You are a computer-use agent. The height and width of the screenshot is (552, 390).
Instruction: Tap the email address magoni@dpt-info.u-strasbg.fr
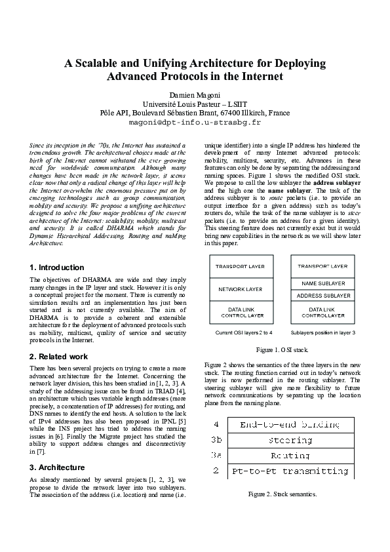coord(195,122)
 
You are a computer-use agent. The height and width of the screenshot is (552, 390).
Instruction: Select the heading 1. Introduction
coord(57,267)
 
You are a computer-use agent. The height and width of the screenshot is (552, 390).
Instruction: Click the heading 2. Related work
coord(59,357)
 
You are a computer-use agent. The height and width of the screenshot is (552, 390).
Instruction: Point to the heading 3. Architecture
coord(58,467)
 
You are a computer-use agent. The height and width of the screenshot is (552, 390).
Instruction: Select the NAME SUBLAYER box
coord(322,283)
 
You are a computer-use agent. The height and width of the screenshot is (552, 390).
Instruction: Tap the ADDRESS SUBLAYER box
coord(322,296)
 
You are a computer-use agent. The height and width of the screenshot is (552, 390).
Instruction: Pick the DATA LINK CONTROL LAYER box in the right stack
coord(322,312)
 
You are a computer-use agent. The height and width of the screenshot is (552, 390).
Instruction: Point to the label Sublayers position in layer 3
coord(322,333)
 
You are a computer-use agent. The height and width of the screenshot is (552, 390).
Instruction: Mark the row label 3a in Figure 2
coord(216,455)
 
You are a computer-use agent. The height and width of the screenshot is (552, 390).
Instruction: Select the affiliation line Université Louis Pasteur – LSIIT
coord(195,104)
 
